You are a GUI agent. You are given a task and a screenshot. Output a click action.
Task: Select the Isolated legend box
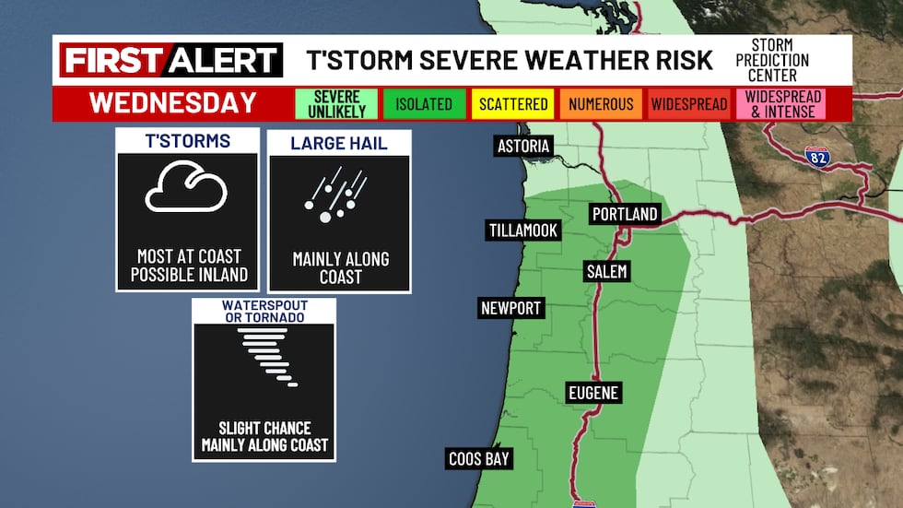(x=424, y=104)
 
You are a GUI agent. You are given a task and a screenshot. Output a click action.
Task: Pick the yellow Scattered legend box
(x=512, y=104)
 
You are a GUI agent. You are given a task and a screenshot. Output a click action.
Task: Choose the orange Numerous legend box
(x=601, y=104)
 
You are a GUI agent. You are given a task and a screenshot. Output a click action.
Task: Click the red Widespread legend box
(x=689, y=104)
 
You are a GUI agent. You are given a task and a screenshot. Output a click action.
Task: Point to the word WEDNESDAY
(x=173, y=103)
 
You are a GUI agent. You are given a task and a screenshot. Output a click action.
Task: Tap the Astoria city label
(x=522, y=147)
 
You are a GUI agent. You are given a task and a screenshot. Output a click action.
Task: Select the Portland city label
(x=625, y=214)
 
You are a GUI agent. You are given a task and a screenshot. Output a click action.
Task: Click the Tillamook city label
(x=523, y=230)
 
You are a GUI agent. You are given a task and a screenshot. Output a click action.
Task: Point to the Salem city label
(x=606, y=271)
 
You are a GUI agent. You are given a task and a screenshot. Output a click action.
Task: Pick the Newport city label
(x=510, y=308)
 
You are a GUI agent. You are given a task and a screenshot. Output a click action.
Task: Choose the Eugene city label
(x=592, y=393)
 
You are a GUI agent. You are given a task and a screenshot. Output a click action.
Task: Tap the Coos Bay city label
(x=479, y=458)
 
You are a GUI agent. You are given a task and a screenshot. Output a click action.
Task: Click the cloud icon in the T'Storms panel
(x=186, y=190)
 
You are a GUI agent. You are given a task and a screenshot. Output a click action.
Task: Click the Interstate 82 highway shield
(x=815, y=156)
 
